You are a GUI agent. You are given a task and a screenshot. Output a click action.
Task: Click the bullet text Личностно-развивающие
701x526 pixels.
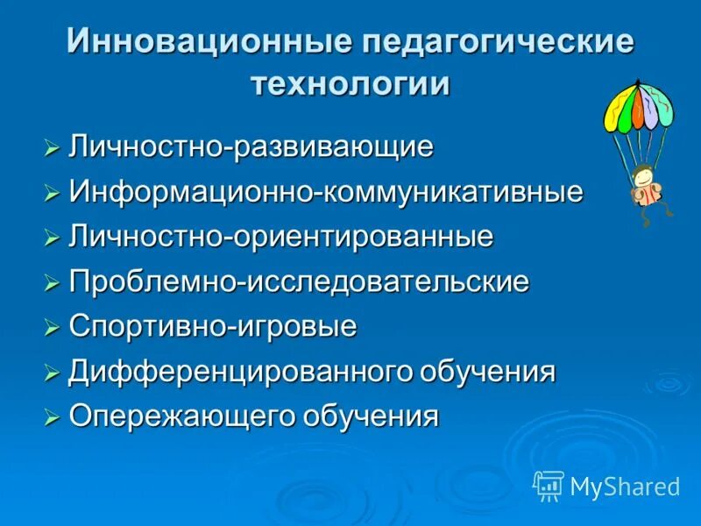click(251, 146)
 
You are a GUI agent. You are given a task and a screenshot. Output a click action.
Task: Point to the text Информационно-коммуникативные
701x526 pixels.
click(326, 192)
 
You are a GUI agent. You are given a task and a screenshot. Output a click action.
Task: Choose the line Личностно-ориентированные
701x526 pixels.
click(281, 237)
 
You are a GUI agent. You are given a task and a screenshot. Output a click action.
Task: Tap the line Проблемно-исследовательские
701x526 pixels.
click(299, 281)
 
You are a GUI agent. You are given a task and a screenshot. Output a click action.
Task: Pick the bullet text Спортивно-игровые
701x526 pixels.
click(213, 327)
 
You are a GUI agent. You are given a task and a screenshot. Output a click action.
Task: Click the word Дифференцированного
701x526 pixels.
click(230, 372)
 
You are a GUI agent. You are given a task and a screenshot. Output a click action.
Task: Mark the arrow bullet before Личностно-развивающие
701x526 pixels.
click(53, 147)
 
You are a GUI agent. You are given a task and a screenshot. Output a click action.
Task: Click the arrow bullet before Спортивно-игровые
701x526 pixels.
click(53, 328)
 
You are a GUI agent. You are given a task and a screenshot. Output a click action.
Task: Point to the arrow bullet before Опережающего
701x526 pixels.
click(53, 417)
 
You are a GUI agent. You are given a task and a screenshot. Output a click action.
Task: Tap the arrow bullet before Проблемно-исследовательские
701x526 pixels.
click(53, 282)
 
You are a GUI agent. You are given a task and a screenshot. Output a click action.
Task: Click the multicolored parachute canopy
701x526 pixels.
click(638, 103)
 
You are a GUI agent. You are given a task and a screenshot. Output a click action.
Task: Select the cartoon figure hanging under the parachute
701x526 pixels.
click(648, 186)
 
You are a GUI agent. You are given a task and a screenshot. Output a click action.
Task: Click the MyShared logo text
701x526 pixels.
click(625, 487)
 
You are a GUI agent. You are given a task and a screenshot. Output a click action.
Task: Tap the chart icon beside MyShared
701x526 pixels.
click(549, 485)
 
